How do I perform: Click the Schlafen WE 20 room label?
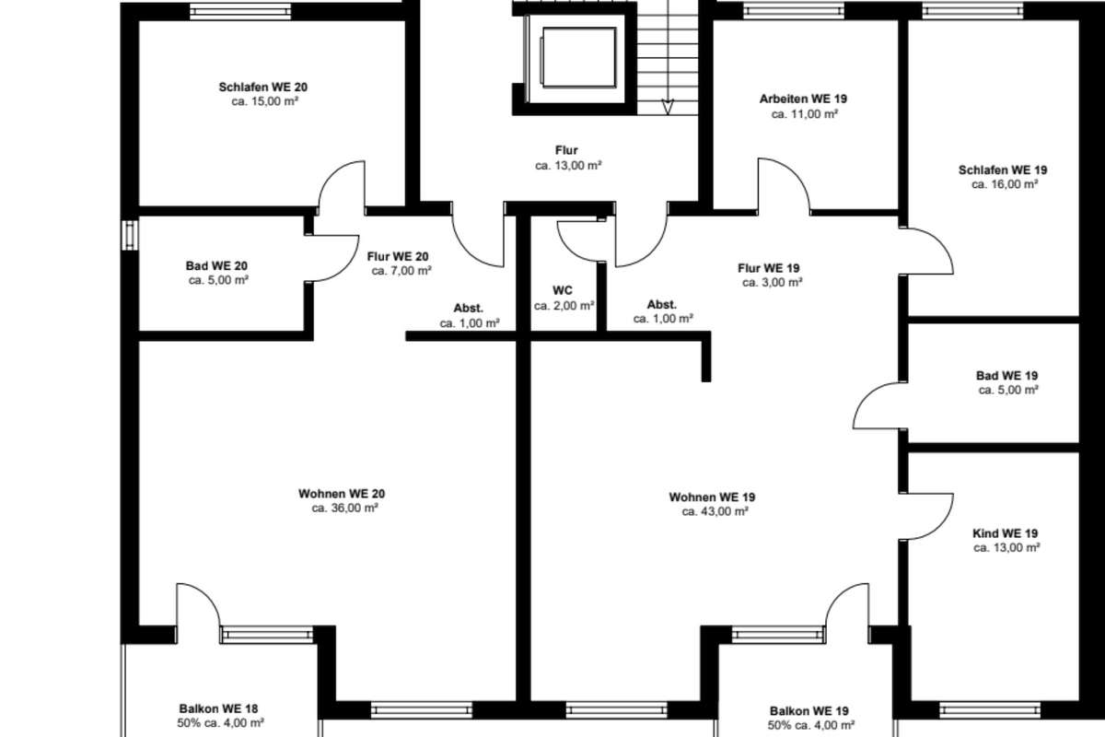(263, 88)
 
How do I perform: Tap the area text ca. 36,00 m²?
(344, 508)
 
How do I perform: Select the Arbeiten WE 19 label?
(803, 99)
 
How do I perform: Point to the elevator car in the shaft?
(578, 57)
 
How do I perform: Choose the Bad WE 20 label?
(216, 265)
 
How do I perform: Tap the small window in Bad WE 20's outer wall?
(130, 235)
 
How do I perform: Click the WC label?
(563, 290)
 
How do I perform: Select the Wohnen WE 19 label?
(712, 497)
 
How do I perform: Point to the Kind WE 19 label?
(1005, 533)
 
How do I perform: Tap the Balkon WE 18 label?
(218, 708)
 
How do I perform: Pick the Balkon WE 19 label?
(809, 711)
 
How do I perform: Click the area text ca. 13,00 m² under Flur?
(568, 166)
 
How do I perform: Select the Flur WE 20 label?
(398, 257)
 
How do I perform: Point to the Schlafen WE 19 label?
(1003, 170)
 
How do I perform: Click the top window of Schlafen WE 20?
(240, 11)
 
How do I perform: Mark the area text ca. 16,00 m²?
(1005, 184)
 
